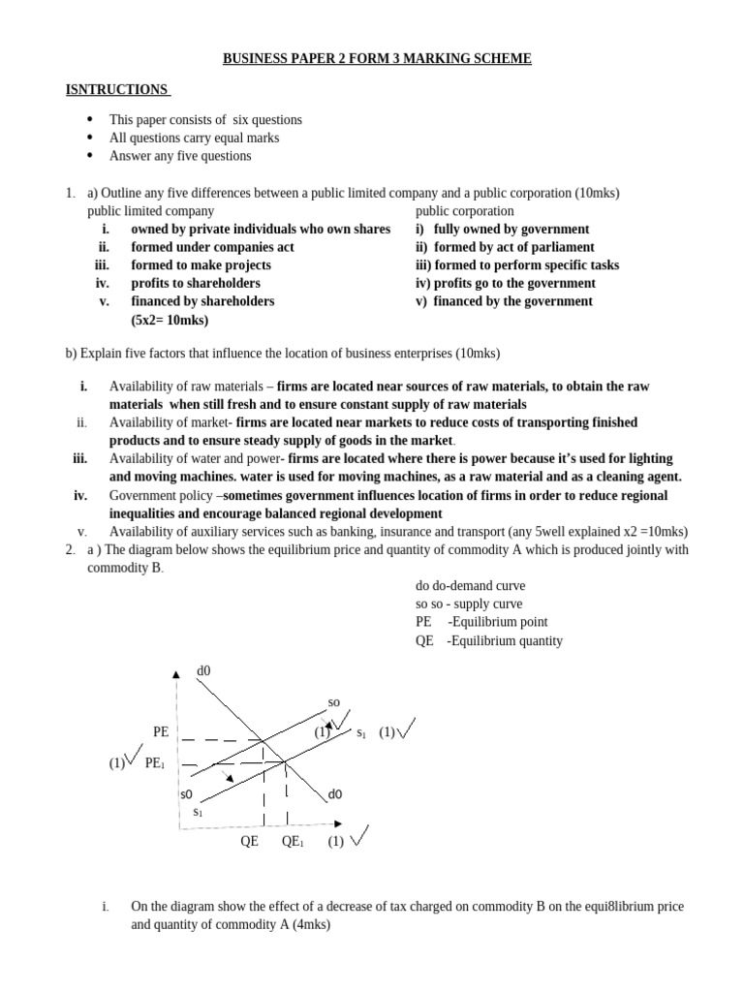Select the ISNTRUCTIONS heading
click(116, 89)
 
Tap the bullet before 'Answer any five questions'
click(89, 155)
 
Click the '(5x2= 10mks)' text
click(170, 320)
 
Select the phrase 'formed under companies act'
click(212, 247)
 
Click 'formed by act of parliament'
click(513, 247)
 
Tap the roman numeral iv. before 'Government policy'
click(80, 495)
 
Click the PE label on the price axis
click(161, 731)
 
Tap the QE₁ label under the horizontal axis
click(293, 842)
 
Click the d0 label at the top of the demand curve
click(203, 670)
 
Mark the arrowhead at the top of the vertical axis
click(176, 674)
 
